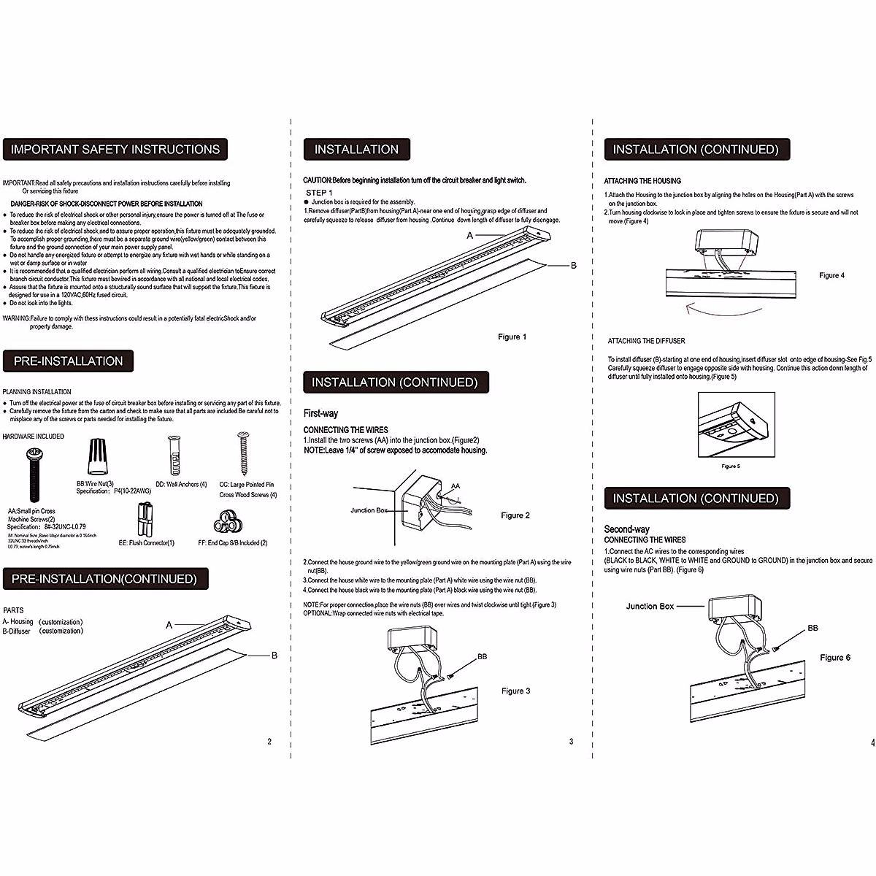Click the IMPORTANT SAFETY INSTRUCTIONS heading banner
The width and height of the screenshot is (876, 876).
pyautogui.click(x=115, y=150)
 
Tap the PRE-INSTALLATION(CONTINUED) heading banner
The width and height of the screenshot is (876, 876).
pyautogui.click(x=105, y=579)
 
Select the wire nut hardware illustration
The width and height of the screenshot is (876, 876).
pyautogui.click(x=95, y=457)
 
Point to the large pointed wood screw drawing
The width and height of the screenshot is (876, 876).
pyautogui.click(x=244, y=453)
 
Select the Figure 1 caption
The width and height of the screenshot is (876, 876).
pyautogui.click(x=512, y=337)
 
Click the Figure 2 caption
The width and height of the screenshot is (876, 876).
pyautogui.click(x=515, y=515)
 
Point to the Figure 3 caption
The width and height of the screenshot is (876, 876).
pyautogui.click(x=515, y=691)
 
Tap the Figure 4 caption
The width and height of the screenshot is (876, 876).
pyautogui.click(x=831, y=275)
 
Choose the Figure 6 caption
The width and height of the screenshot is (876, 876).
pyautogui.click(x=835, y=658)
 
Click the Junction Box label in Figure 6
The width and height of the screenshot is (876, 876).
pyautogui.click(x=650, y=606)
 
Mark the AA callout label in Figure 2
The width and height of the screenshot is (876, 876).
pyautogui.click(x=456, y=486)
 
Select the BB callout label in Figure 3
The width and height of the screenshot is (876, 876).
pyautogui.click(x=483, y=657)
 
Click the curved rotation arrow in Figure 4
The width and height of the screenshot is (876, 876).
pyautogui.click(x=723, y=310)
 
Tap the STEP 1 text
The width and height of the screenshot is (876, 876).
pyautogui.click(x=319, y=193)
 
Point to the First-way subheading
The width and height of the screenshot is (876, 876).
pyautogui.click(x=320, y=413)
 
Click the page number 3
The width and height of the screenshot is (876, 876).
pyautogui.click(x=571, y=742)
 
